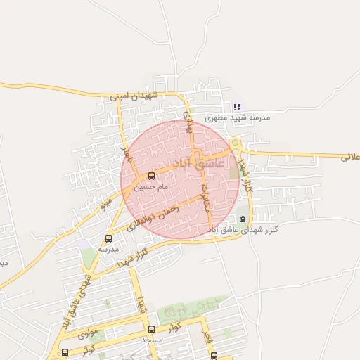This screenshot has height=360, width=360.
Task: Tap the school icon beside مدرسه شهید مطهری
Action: pos(238,108)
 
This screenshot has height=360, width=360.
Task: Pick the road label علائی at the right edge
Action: pos(350,157)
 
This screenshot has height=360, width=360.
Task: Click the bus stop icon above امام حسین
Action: pos(152,176)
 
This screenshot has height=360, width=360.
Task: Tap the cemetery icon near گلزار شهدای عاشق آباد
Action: pos(244,219)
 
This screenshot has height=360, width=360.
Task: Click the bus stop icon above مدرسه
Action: pos(108,238)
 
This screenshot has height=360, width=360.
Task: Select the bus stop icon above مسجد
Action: pos(151,329)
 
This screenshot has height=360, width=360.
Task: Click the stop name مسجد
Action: pos(151,340)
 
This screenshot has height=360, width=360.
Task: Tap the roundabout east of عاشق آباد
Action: pos(236,146)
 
